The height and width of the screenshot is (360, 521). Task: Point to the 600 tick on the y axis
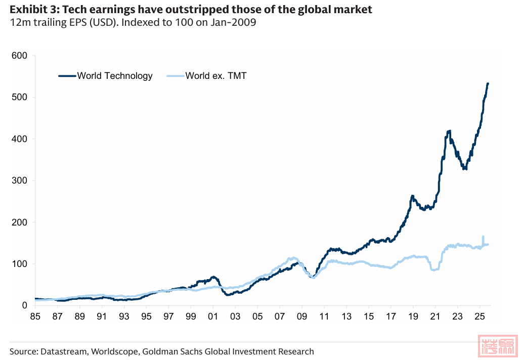pos(18,56)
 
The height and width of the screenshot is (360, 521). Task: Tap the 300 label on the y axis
pos(18,181)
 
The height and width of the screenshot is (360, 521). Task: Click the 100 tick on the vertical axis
pos(18,264)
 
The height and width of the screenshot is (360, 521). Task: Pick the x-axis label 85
pos(35,317)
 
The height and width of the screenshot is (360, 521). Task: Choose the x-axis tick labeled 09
pos(301,317)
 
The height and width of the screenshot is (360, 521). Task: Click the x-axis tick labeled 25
pos(479,317)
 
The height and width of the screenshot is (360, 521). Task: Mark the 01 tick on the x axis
pos(213,317)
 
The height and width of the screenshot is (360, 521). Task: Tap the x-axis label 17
pos(390,317)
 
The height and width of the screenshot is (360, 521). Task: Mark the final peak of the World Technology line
pos(488,83)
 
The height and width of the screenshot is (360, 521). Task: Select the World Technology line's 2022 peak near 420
pos(449,131)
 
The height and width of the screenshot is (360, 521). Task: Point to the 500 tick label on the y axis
pos(18,97)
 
